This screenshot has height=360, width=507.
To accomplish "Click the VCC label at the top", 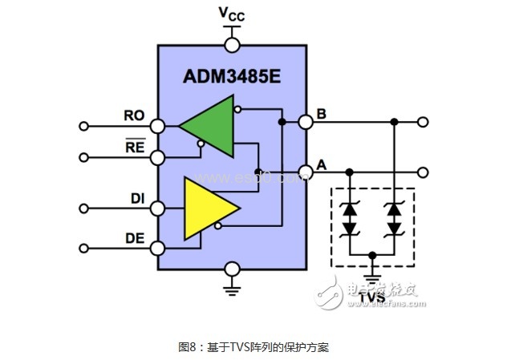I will pos(232,14).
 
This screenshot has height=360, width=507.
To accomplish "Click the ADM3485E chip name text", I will pos(233,78).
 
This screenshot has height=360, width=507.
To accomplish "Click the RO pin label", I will pos(134,115).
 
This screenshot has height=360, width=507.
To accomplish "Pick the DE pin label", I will pos(135,237).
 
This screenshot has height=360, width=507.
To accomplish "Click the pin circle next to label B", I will pos(306,122).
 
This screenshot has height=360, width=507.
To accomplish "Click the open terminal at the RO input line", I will pos(84,126).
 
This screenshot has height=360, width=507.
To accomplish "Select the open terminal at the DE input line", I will pos(84,249).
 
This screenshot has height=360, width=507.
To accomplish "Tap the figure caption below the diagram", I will pos(253,347).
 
